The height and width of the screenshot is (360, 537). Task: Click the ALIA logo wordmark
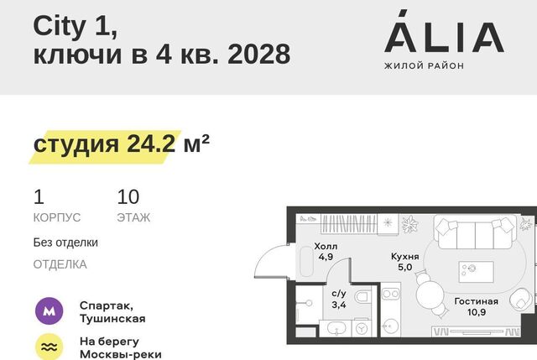click(444, 32)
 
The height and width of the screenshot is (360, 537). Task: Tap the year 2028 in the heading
click(259, 54)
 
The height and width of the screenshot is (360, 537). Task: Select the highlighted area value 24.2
click(151, 143)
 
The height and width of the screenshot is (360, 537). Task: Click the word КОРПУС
click(57, 217)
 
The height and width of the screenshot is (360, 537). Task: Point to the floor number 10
click(128, 196)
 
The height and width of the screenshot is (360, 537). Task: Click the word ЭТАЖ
click(133, 217)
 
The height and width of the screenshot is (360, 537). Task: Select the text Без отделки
click(65, 243)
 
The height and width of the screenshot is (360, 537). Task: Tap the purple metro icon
click(49, 311)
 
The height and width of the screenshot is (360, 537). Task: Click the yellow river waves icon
click(49, 347)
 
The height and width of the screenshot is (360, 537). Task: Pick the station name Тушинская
click(112, 319)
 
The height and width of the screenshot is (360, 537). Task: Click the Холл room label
click(326, 246)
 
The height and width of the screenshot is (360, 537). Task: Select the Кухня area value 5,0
click(404, 267)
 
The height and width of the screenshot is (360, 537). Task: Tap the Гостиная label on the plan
click(476, 301)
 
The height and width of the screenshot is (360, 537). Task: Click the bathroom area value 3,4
click(339, 305)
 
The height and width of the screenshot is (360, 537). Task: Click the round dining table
click(430, 294)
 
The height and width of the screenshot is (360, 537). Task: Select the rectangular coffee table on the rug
click(476, 272)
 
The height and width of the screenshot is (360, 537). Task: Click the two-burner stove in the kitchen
click(391, 295)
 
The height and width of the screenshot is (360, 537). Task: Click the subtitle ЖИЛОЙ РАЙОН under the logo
click(424, 65)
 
